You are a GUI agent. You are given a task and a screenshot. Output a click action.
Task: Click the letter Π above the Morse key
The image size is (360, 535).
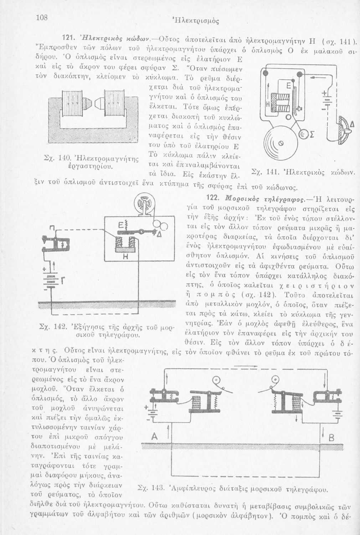pyautogui.click(x=52, y=229)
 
